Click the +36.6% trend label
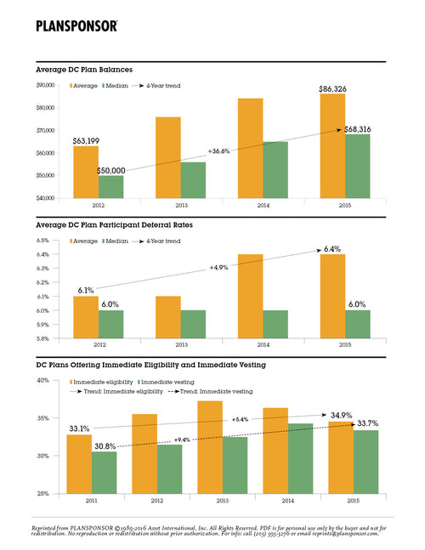pyautogui.click(x=218, y=150)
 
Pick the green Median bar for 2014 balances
pyautogui.click(x=275, y=170)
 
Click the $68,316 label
pyautogui.click(x=360, y=129)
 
